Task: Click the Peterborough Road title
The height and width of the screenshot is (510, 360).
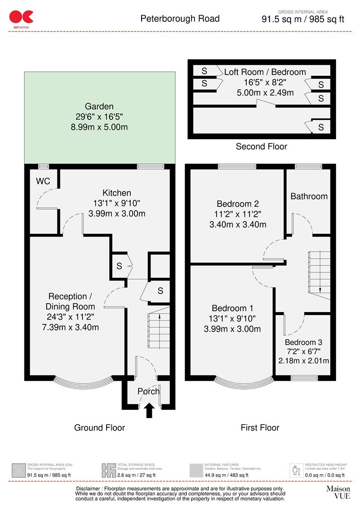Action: click(180, 19)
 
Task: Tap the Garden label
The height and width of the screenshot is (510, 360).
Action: click(99, 107)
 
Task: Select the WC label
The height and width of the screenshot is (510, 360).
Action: click(43, 182)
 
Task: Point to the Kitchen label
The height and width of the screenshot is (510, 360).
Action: click(117, 193)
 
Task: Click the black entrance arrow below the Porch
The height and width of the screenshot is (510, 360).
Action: click(149, 410)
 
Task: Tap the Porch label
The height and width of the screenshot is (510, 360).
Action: click(149, 391)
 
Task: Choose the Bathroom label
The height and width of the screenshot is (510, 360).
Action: click(309, 196)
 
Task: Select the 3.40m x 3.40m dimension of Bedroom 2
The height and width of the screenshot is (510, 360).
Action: click(238, 224)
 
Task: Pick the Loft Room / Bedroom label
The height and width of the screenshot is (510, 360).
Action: click(265, 72)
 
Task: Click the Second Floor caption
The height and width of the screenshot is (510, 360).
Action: click(261, 146)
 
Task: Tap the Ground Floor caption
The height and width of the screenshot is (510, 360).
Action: click(100, 428)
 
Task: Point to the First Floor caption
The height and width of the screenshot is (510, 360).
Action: click(260, 428)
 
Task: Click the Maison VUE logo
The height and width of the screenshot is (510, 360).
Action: click(338, 492)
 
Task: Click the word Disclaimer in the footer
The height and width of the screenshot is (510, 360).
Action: click(92, 488)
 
